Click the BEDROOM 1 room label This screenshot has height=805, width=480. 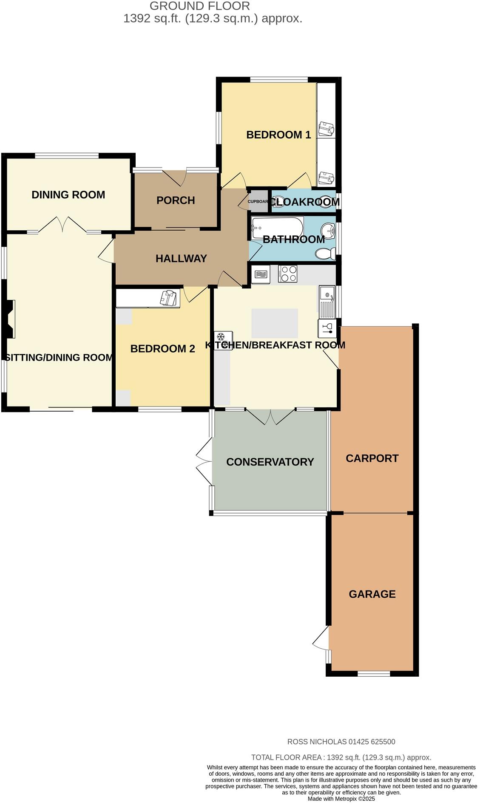278,135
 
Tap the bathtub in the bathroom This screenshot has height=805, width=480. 277,228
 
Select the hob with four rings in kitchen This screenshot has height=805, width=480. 288,274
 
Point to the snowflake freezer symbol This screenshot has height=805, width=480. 221,338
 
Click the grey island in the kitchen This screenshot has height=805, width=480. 275,323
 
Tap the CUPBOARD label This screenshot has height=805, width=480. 258,202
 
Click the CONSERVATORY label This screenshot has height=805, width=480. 270,462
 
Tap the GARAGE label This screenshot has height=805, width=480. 372,594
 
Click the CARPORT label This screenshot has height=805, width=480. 372,458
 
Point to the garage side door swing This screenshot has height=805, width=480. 321,638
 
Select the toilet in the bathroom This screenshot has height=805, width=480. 325,254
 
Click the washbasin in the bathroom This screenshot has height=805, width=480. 327,231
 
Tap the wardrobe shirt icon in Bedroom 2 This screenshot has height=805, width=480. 168,298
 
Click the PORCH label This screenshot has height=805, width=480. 176,200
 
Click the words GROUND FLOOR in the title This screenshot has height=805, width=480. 200,6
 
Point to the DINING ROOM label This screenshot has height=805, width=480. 68,195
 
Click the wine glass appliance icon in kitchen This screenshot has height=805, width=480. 327,328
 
